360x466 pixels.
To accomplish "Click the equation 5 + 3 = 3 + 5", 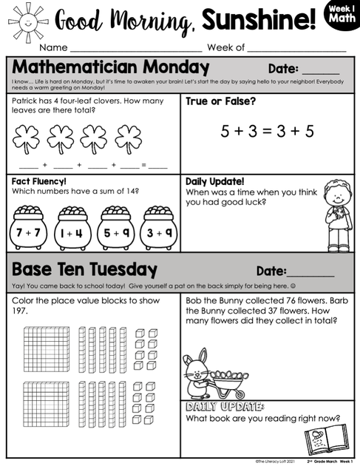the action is click(x=267, y=132).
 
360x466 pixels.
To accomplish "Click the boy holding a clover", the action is click(x=339, y=220).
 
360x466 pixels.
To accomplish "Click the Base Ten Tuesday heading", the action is click(x=84, y=269).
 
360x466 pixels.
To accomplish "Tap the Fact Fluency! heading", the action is click(x=39, y=181).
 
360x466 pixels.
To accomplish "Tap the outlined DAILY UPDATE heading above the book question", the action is click(x=224, y=406).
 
